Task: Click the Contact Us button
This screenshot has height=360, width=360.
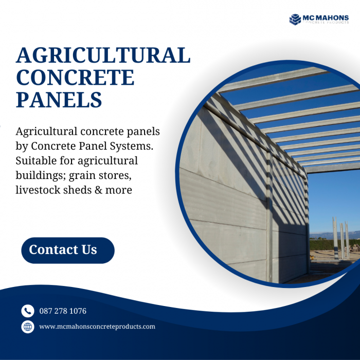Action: pyautogui.click(x=67, y=250)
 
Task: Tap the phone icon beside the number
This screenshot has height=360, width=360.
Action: pyautogui.click(x=27, y=311)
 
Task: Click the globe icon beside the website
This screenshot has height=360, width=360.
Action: pyautogui.click(x=27, y=327)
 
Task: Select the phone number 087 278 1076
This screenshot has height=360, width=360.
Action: pyautogui.click(x=63, y=311)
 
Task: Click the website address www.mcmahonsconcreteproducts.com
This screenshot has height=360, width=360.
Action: pyautogui.click(x=97, y=327)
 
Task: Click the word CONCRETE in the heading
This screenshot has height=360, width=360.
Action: pyautogui.click(x=75, y=77)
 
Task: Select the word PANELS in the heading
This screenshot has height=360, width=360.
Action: pyautogui.click(x=59, y=99)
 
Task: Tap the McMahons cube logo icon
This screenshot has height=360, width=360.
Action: pyautogui.click(x=295, y=20)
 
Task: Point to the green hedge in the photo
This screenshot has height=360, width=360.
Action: pyautogui.click(x=334, y=244)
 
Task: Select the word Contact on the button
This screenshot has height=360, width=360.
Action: pyautogui.click(x=49, y=250)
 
